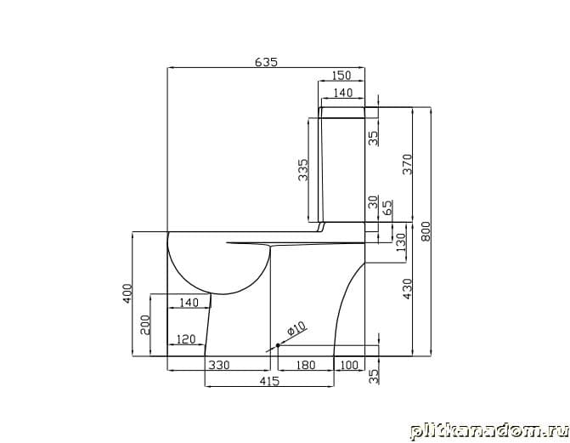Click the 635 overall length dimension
pos(266,62)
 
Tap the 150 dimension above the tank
pos(341,76)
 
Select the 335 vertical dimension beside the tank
pos(302,169)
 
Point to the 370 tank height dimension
pos(408,164)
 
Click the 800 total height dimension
pos(426,231)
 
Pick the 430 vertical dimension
pos(408,289)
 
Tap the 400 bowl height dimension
pos(127,293)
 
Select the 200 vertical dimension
pos(145,325)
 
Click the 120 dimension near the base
pos(186,339)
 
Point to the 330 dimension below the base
pos(219,365)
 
